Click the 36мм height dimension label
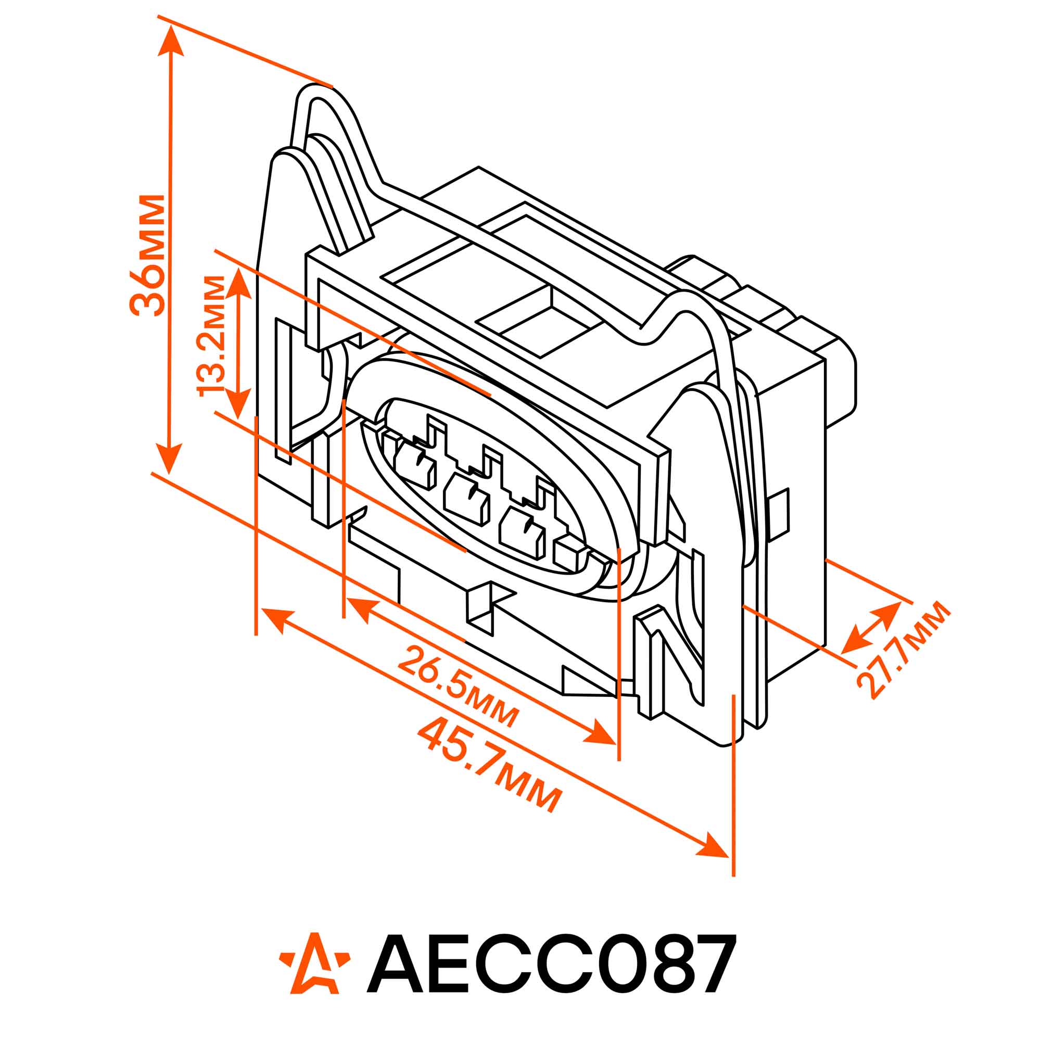tap(147, 255)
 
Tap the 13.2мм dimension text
tap(211, 336)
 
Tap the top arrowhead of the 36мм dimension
tap(171, 41)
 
